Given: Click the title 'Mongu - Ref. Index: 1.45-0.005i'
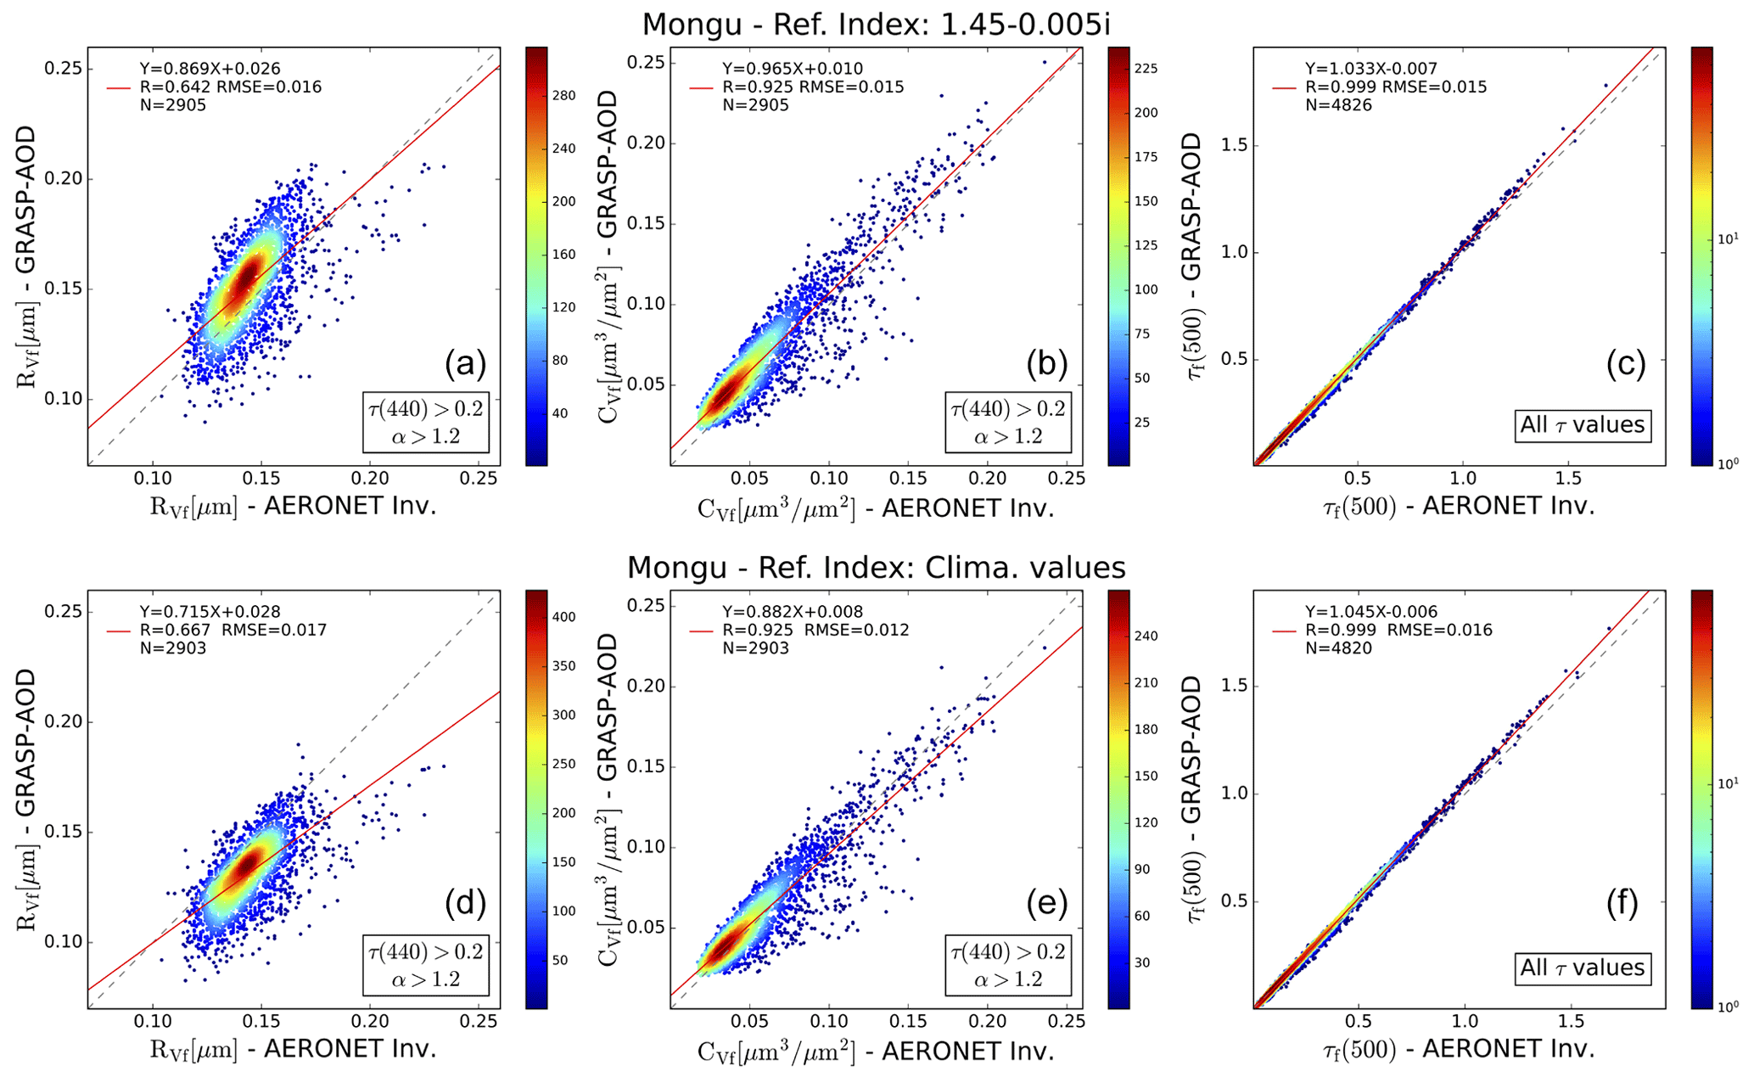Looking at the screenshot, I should (876, 24).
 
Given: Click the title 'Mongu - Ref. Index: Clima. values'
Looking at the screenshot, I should (876, 567).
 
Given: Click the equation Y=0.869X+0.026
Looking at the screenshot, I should (210, 69).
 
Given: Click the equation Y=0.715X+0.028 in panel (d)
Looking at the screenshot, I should (210, 612).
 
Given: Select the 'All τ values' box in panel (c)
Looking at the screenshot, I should (1582, 424).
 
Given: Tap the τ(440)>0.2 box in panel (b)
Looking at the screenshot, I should (1007, 422).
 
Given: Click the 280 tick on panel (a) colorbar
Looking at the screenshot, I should (563, 96).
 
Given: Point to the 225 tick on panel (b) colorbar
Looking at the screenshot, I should (1146, 69).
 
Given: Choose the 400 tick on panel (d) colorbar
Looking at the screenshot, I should (563, 617).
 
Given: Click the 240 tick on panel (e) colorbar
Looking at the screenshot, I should (1146, 636).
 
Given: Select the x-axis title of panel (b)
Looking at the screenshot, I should (876, 508).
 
